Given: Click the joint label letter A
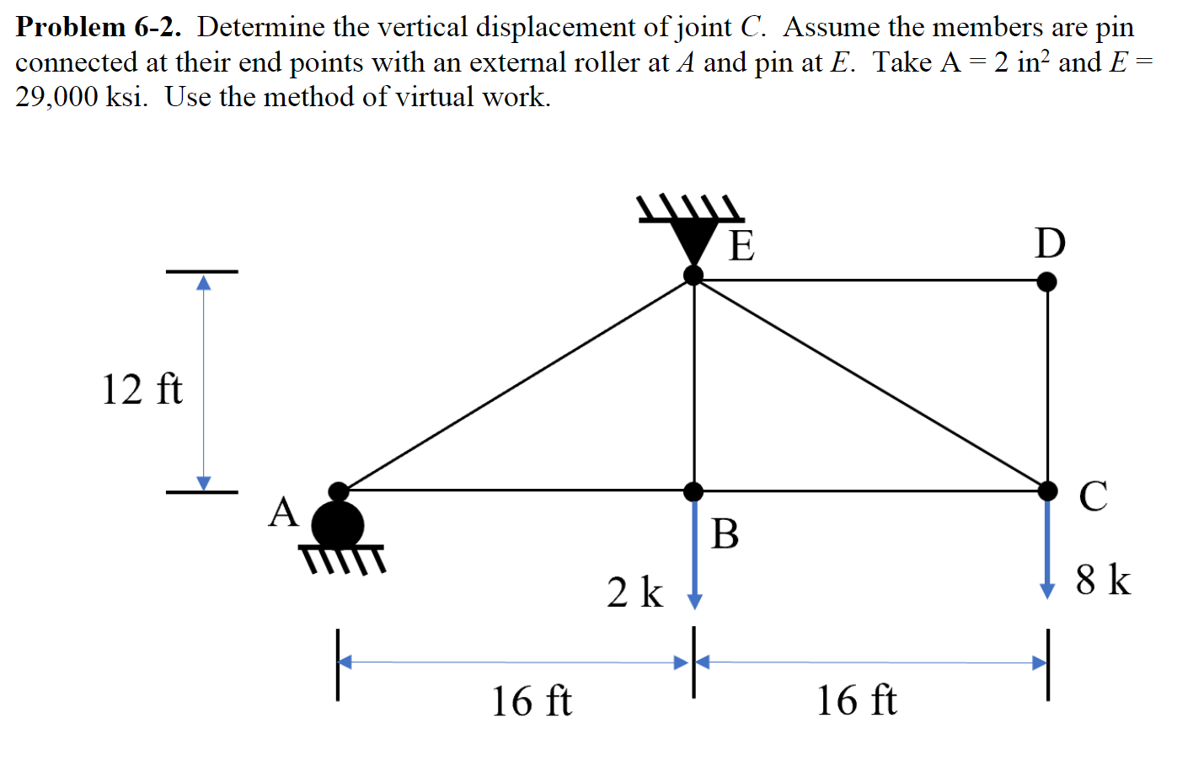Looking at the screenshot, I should click(x=283, y=512).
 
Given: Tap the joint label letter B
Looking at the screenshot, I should click(x=725, y=533).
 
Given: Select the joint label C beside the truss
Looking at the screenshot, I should click(x=1093, y=496).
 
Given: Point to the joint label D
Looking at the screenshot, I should click(x=1050, y=244).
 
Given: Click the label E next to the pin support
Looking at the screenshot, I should click(x=741, y=246).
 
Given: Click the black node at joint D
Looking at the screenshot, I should click(x=1046, y=281).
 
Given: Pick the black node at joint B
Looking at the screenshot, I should click(x=693, y=491).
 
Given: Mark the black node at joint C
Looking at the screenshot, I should click(x=1047, y=490).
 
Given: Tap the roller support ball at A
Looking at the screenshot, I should click(x=338, y=524).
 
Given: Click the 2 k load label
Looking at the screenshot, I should click(x=634, y=592).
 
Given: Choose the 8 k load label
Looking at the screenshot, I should click(x=1103, y=580).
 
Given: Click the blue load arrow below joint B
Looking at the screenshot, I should click(x=694, y=552).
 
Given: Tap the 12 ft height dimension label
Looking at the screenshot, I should click(x=142, y=389).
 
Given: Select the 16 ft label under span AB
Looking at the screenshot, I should click(x=531, y=701).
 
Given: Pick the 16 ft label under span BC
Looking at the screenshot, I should click(x=856, y=701).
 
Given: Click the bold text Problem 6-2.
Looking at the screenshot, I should click(x=99, y=27).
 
